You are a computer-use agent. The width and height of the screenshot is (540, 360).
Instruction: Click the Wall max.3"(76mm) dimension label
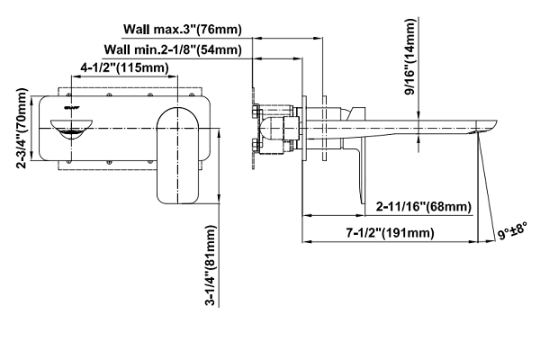coord(183,29)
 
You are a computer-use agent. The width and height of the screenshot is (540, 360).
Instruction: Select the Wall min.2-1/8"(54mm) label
coord(173,49)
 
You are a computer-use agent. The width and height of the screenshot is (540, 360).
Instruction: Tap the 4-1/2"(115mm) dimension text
coord(125,67)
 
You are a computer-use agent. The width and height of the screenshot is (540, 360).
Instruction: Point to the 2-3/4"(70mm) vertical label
coord(21,128)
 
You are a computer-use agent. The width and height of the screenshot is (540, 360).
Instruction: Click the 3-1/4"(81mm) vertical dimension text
coord(210,265)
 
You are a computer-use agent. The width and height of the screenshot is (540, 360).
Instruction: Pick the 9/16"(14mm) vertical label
coord(411,58)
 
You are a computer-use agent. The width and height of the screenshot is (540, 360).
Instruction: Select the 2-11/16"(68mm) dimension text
coord(424,207)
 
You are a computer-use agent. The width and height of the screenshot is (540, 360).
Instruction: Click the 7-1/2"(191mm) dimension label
coord(391,233)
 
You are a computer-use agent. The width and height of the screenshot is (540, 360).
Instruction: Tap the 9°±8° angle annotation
coord(512,230)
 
